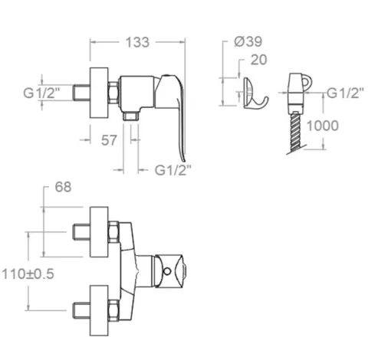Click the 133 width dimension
[x=137, y=42]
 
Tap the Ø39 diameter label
[x=248, y=41]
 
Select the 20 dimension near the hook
[x=258, y=60]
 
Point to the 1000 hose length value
[x=322, y=126]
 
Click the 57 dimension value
[x=109, y=140]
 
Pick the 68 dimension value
[x=63, y=187]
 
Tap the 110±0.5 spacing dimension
[x=28, y=274]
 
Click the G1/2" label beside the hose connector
[x=345, y=93]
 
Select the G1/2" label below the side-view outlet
[x=172, y=170]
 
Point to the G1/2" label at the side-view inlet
[x=41, y=93]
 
